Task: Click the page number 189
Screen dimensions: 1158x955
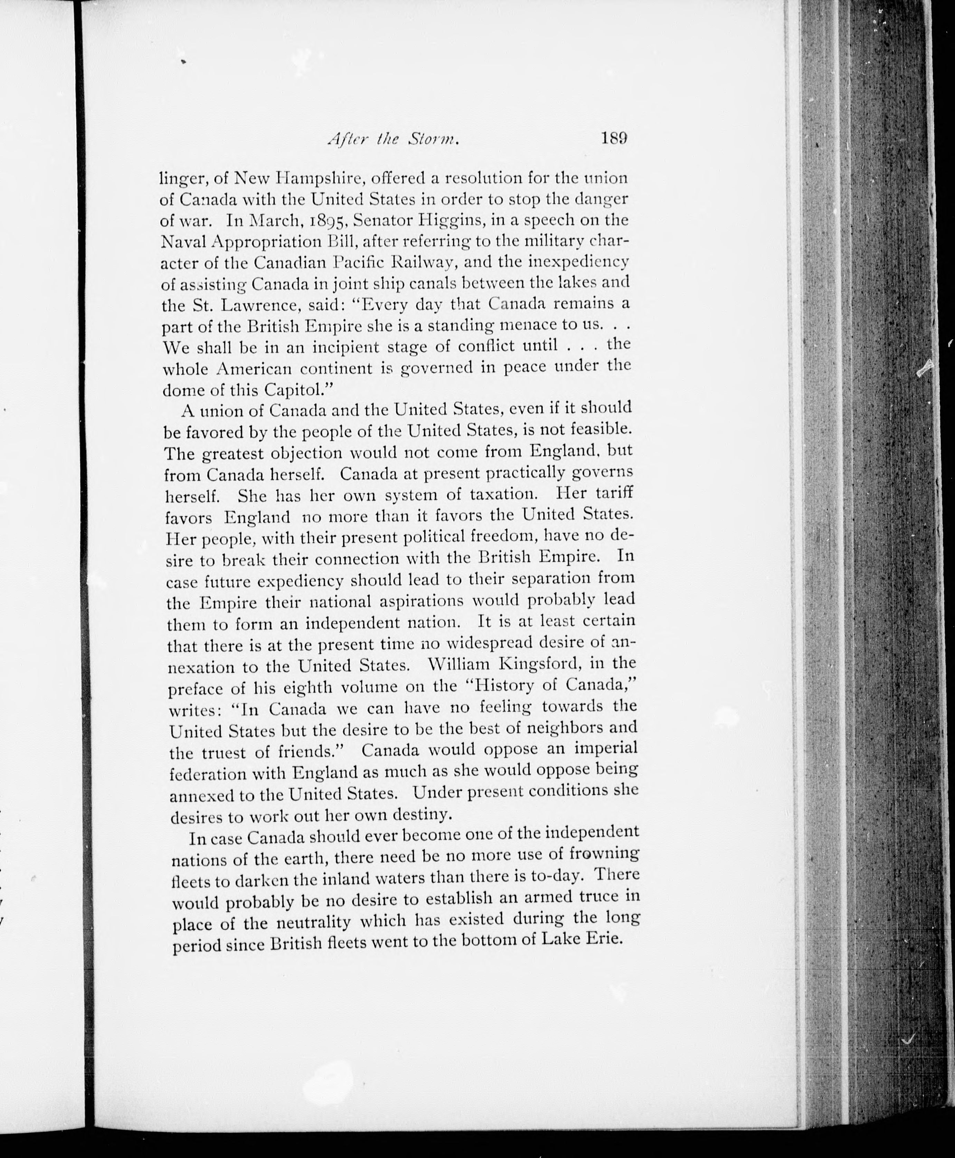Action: click(x=614, y=138)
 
